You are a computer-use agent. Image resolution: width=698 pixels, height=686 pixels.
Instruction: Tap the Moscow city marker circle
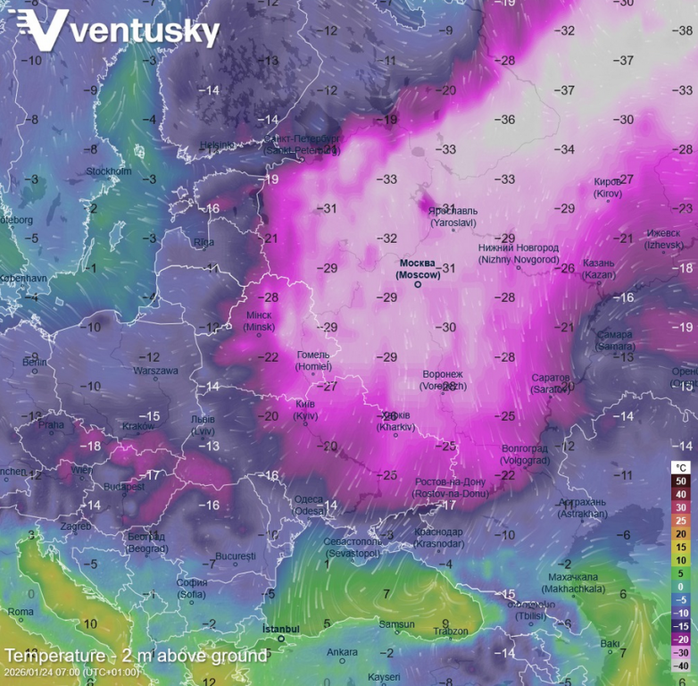point(418,285)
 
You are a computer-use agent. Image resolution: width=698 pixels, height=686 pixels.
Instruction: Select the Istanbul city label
point(280,630)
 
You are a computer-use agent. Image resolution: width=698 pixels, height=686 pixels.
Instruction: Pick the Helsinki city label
point(216,145)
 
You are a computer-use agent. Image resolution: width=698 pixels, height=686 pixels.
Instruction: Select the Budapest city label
point(123,487)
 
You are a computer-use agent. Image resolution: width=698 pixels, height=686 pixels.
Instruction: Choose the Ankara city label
point(342,652)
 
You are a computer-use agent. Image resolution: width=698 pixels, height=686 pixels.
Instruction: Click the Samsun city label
point(397,624)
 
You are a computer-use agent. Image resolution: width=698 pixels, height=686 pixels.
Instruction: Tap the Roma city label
point(21,612)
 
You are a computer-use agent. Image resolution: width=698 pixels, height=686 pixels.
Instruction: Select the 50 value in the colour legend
point(680,481)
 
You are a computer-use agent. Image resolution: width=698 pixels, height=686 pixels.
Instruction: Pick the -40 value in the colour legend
point(680,665)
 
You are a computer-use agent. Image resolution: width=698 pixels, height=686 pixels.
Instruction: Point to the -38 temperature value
point(684,30)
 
